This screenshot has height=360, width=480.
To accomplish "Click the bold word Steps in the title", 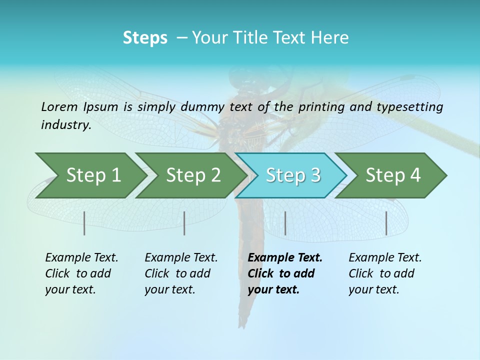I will point(145,38).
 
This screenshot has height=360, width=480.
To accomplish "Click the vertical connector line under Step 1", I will point(84,223).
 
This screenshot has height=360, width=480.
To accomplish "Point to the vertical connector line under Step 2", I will point(184,223).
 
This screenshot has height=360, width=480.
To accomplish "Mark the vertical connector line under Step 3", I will point(285,223).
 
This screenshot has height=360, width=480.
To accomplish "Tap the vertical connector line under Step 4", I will point(386,223).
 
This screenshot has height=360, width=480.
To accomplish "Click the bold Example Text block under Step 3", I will point(285,273).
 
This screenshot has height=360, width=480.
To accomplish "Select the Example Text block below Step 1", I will point(81,273).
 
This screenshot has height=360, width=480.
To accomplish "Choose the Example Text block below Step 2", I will point(181,273).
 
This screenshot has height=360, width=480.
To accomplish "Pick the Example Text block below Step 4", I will point(385,273).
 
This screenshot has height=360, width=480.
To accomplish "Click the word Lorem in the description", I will point(59,106).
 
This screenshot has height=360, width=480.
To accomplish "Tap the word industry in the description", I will point(66,125).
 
